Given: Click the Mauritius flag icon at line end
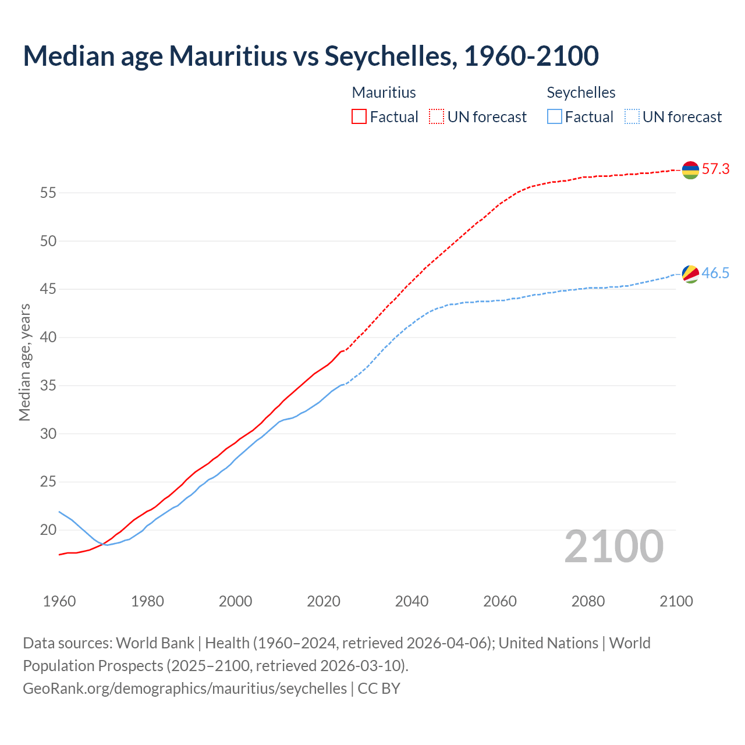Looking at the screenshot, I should [690, 170].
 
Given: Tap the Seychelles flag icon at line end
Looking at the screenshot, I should [690, 274].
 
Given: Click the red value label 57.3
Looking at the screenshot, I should [715, 169].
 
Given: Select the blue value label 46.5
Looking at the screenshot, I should [715, 273].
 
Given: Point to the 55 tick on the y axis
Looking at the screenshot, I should [48, 193].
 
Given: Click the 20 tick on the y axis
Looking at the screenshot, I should [48, 530].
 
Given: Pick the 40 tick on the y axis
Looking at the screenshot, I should [48, 337].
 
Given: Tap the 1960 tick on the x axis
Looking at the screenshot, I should [59, 601].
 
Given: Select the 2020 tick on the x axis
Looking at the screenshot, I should [324, 601].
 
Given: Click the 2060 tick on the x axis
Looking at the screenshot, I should [500, 601].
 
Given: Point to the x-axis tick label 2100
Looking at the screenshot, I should [676, 601].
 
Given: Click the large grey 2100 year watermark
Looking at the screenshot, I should [614, 547].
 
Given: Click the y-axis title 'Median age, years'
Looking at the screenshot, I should [24, 362].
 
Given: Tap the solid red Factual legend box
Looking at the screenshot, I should [359, 117].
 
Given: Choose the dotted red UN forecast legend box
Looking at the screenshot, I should [437, 117].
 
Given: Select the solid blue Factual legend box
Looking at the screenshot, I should [554, 117].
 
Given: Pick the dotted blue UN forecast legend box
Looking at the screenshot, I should [632, 117].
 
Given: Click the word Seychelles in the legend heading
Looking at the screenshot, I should [581, 93].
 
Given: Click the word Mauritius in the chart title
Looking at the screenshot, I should [228, 56].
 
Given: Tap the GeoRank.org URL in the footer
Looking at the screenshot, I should [185, 689].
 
